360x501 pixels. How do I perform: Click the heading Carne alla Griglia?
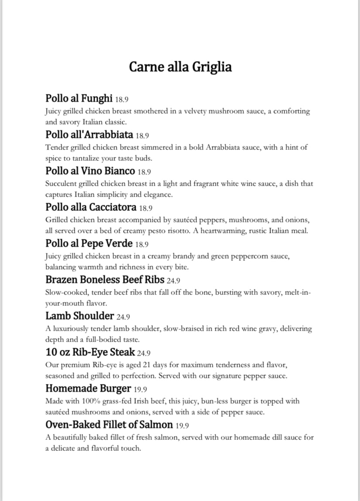coord(180,67)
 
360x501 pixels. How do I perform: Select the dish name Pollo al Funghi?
coord(79,98)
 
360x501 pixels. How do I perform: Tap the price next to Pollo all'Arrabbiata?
coord(143,135)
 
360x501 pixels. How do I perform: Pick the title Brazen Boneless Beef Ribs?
coord(105,280)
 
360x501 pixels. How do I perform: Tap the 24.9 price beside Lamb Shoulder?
coord(123,317)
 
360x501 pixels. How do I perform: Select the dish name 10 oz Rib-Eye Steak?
coord(90,352)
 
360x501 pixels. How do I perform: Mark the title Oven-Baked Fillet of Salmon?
coord(109,425)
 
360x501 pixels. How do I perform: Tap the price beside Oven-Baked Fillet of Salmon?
coord(182,425)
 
